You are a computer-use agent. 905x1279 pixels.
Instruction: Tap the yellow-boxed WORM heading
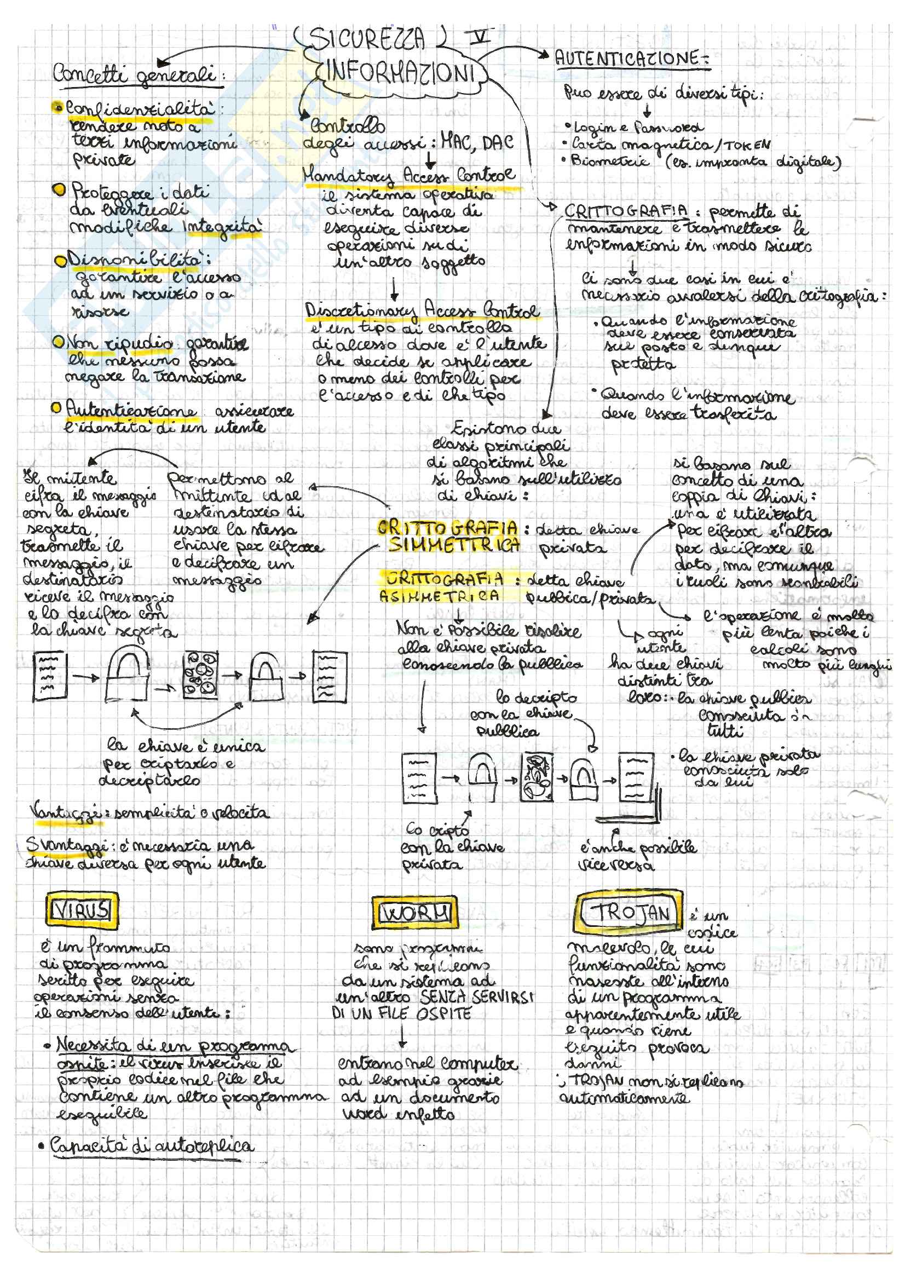414,912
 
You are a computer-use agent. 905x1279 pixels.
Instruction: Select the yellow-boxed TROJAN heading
629,912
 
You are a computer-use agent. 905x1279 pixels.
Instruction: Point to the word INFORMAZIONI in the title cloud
400,73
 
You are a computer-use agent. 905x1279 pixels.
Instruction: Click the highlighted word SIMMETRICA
454,544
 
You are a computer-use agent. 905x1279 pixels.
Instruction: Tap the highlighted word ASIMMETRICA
440,596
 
